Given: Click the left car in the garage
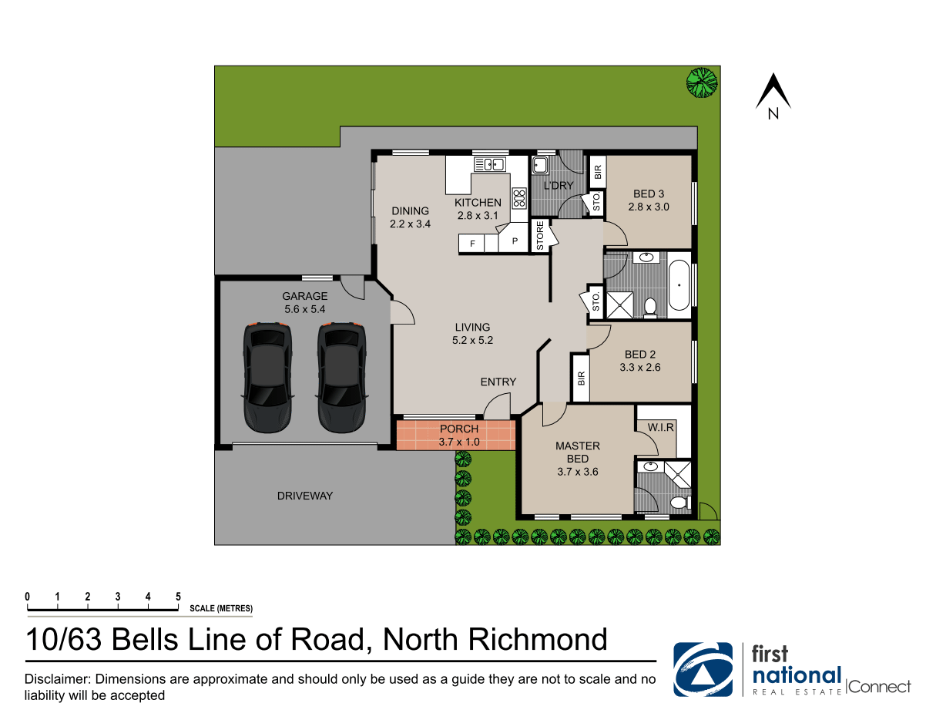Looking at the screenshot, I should click(268, 377).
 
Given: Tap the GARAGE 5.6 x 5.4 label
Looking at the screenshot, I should click(304, 302).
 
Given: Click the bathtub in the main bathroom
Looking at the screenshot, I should click(679, 284).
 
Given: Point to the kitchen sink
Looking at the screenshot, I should click(489, 163).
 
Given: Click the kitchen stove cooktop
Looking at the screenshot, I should click(519, 198).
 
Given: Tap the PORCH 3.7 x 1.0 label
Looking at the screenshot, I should click(458, 435).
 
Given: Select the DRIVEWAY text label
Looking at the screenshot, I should click(305, 496).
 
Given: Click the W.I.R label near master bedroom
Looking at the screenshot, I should click(660, 426).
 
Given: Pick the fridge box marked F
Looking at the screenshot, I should click(472, 244).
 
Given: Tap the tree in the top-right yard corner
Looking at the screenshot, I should click(702, 82).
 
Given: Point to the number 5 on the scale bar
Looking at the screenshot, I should click(178, 597).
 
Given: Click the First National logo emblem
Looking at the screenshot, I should click(703, 670).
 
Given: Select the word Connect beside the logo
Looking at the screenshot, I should click(880, 687).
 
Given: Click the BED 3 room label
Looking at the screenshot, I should click(648, 200).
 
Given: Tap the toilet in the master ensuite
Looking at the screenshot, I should click(679, 503).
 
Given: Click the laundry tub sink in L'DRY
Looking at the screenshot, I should click(540, 164).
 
